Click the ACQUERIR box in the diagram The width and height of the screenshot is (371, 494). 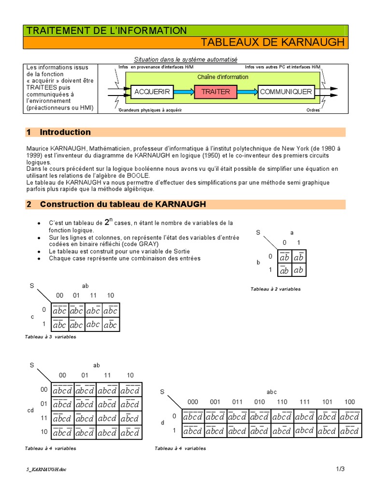[152, 92]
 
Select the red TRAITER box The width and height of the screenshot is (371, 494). [215, 92]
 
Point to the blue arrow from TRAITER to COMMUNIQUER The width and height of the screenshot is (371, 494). [247, 92]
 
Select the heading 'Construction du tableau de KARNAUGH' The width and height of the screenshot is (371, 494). [123, 205]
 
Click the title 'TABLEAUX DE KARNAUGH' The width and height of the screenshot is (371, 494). [272, 42]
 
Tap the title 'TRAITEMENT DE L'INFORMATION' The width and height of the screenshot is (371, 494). [106, 30]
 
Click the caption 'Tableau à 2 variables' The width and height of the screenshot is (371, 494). [275, 289]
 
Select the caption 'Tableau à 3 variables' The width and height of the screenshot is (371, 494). [50, 337]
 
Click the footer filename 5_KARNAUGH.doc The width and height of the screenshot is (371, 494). [46, 469]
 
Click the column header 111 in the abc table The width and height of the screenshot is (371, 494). [304, 401]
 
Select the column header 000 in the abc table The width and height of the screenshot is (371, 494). [193, 401]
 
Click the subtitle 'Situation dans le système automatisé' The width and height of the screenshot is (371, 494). [185, 59]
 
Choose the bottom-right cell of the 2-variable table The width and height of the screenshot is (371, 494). [299, 270]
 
